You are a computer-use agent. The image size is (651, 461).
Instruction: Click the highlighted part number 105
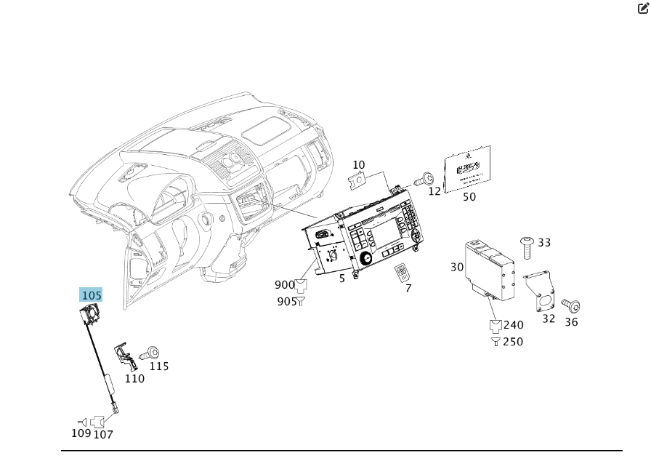91,295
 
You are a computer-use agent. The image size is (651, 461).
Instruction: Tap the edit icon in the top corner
642,8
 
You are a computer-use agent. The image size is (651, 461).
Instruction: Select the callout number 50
469,196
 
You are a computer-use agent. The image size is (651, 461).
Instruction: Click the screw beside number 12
426,178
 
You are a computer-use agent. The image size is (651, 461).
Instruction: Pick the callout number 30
457,267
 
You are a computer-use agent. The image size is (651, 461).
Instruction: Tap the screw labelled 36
569,306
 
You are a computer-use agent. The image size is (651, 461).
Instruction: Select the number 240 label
513,325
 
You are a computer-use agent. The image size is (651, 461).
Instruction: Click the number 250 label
513,342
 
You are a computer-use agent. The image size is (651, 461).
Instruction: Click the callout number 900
285,285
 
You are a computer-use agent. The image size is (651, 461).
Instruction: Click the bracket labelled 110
124,356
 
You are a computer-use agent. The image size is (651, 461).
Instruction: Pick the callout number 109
81,433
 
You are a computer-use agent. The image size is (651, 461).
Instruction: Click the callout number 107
103,435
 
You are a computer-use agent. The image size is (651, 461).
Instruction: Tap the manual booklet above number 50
467,169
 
